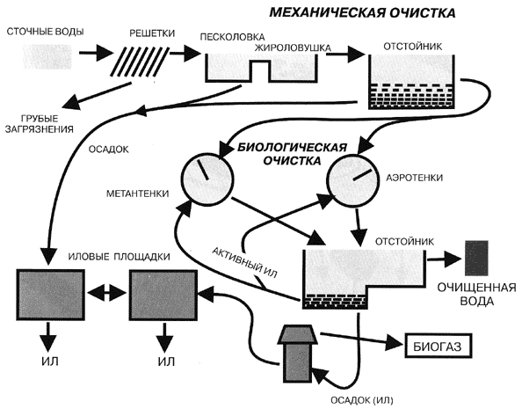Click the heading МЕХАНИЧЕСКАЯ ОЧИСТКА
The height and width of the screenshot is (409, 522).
click(362, 12)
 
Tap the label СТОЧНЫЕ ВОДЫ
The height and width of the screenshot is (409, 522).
click(46, 32)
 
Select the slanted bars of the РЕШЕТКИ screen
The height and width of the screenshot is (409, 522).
click(139, 62)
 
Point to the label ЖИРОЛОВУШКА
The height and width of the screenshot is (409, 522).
click(293, 48)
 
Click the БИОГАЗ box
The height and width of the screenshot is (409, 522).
click(439, 347)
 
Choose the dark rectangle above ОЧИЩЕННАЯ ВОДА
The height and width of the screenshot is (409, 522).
click(476, 258)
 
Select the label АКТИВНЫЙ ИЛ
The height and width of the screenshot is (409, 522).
click(244, 263)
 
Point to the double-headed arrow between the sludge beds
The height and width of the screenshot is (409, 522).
click(106, 295)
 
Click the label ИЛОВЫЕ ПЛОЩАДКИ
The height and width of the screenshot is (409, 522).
click(119, 257)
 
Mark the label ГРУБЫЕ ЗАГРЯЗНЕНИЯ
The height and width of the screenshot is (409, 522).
click(40, 124)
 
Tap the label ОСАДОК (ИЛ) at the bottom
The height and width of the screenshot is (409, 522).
click(362, 400)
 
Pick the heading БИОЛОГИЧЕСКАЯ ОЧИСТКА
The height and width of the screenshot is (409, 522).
click(293, 154)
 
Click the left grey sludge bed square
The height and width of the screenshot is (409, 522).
click(50, 295)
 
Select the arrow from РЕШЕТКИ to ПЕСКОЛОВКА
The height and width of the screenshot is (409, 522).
click(185, 54)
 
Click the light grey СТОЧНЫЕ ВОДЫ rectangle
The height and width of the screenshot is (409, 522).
click(47, 56)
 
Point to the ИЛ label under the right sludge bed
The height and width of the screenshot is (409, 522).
click(166, 362)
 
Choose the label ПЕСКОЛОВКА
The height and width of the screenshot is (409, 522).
click(232, 37)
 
